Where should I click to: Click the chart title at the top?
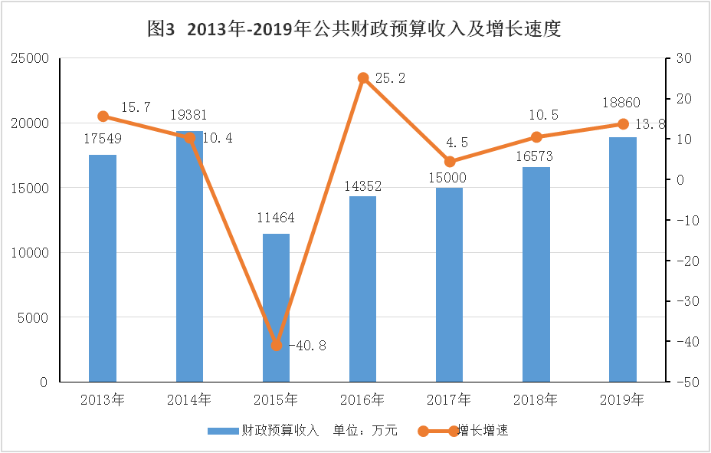tap(355, 29)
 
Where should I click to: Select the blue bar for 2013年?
tap(103, 268)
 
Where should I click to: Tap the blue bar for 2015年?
tap(277, 307)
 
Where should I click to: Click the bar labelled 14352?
tap(363, 289)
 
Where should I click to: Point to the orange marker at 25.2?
tap(363, 78)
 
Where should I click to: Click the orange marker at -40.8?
tap(277, 345)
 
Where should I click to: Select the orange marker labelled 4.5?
tap(450, 162)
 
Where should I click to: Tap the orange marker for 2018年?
tap(536, 137)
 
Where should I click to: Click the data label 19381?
tap(188, 115)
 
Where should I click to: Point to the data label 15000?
tap(448, 178)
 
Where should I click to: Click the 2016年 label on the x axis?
tap(362, 399)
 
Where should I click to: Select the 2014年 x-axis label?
tap(189, 399)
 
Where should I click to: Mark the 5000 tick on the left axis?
tap(34, 317)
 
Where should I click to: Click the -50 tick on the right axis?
tap(680, 382)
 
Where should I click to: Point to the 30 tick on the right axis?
tap(679, 58)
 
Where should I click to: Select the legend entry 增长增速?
tap(483, 431)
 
